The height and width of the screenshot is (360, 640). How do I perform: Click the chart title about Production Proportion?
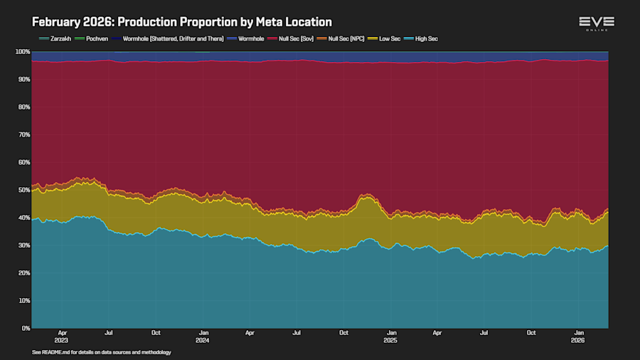182,23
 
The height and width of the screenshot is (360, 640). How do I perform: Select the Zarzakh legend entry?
56,38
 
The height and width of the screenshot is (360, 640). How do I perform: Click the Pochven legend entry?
95,38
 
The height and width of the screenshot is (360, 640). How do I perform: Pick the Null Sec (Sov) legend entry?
293,38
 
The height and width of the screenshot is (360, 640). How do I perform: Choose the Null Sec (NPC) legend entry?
345,38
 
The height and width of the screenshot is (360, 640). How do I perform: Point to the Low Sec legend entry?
388,38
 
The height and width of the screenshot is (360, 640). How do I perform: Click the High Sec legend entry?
424,38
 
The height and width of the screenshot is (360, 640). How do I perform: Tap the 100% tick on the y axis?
22,51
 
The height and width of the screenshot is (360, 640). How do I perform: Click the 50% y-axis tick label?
23,190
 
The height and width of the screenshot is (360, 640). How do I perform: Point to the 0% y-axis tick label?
25,328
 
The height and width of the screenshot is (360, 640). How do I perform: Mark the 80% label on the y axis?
23,107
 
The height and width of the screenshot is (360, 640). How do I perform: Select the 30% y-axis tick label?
23,245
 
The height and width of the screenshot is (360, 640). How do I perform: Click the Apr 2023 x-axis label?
63,336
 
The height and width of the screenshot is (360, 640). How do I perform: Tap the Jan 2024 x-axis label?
203,336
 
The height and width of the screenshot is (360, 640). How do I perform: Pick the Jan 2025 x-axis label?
390,336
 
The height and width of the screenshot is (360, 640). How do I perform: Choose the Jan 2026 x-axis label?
579,336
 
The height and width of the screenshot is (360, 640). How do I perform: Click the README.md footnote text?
102,352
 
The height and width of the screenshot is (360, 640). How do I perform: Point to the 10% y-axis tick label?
23,300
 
